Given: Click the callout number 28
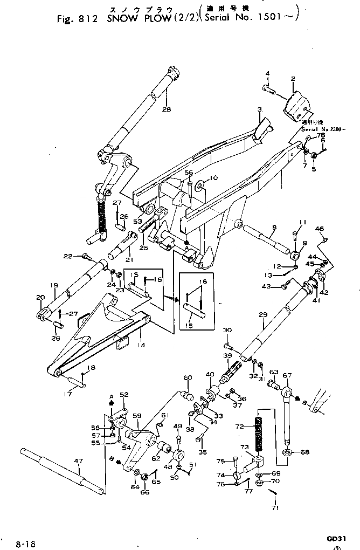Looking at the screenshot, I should pos(166,109).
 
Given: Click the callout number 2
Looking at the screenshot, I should pos(293,79).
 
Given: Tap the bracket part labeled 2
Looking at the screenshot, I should pos(297,108).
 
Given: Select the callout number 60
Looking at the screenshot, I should pos(188,377).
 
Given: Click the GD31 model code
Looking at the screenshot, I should pos(335,538).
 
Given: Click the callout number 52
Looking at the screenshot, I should pos(124,395).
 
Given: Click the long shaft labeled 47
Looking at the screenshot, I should pos(59,468).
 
